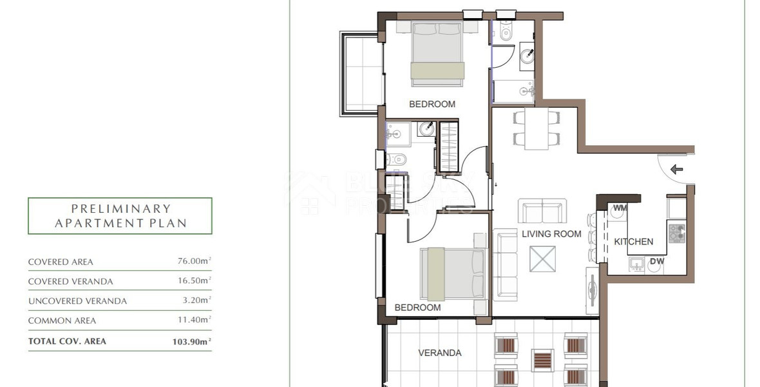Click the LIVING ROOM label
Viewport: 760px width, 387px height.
(551, 234)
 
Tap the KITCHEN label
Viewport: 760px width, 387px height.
(633, 242)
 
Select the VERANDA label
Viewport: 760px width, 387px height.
(440, 353)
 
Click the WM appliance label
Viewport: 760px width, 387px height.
(620, 208)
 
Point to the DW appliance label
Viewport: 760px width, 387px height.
(656, 261)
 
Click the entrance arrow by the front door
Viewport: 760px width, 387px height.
(676, 170)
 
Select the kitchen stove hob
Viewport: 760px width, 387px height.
(676, 233)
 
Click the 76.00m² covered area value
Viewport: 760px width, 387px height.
(194, 261)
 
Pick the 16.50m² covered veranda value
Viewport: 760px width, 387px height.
(194, 281)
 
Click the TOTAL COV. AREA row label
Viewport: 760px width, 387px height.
(67, 341)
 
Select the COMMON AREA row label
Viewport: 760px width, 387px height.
(62, 321)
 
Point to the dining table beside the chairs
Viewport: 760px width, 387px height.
(536, 128)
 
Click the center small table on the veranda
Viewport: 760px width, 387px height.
(542, 359)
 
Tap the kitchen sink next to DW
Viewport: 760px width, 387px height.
(637, 263)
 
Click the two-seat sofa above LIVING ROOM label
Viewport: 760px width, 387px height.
(543, 211)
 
